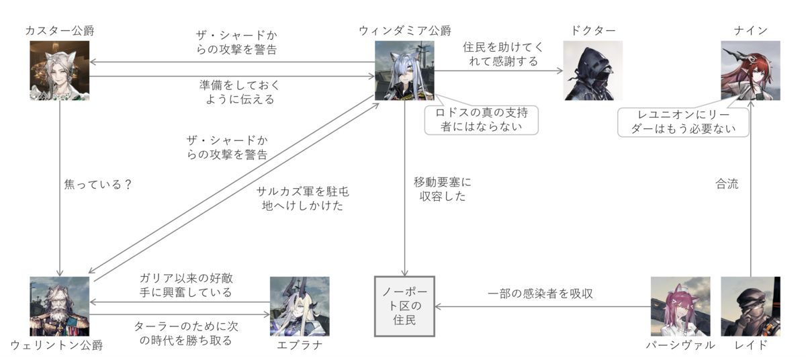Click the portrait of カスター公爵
(x=59, y=71)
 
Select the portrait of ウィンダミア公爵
(x=404, y=71)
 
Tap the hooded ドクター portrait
(x=592, y=71)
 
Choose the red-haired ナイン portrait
(x=751, y=71)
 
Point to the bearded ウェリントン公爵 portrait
(x=59, y=306)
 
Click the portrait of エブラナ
(x=300, y=306)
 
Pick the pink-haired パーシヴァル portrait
(x=680, y=306)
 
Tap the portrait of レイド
(x=751, y=306)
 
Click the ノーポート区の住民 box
(x=404, y=306)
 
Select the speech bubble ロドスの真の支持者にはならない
(x=482, y=120)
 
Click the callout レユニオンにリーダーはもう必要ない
(x=683, y=122)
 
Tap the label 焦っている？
(x=98, y=185)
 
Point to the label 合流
(x=727, y=184)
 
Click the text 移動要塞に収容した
(x=443, y=189)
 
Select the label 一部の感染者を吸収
(x=540, y=294)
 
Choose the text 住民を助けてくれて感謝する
(x=503, y=54)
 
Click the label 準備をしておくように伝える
(x=240, y=92)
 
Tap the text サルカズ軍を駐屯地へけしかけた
(x=303, y=199)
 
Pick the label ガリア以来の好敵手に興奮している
(x=186, y=285)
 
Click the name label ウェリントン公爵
(x=56, y=345)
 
